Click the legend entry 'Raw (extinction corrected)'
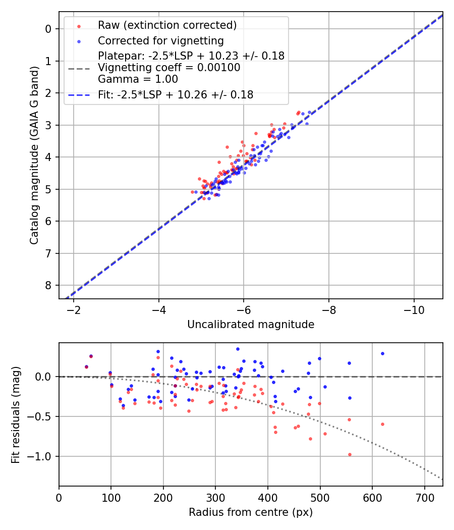pyautogui.click(x=167, y=25)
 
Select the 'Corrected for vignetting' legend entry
pyautogui.click(x=160, y=40)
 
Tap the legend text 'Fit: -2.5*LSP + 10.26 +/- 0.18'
pyautogui.click(x=176, y=94)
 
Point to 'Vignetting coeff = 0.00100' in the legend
pyautogui.click(x=169, y=68)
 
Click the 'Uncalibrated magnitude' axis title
pyautogui.click(x=251, y=325)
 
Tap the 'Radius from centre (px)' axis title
pyautogui.click(x=251, y=512)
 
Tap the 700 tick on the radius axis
pyautogui.click(x=424, y=497)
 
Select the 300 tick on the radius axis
pyautogui.click(x=215, y=497)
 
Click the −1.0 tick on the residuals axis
pyautogui.click(x=42, y=456)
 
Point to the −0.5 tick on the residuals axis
pyautogui.click(x=42, y=416)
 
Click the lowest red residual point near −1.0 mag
pyautogui.click(x=350, y=454)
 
